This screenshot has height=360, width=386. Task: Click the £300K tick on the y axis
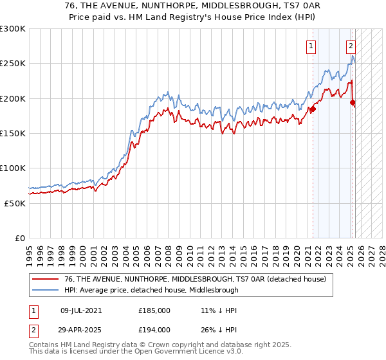(12, 29)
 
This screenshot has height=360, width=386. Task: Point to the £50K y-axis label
(15, 203)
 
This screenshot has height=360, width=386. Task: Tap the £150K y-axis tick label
(12, 133)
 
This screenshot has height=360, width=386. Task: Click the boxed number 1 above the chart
(311, 46)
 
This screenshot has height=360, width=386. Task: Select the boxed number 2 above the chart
(351, 46)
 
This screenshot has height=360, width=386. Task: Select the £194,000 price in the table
(154, 329)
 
